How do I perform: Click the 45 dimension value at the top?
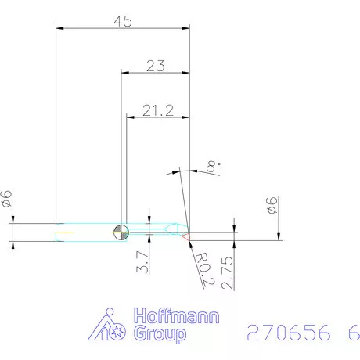click(x=123, y=21)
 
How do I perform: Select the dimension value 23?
click(x=155, y=66)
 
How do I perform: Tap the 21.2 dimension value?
click(x=158, y=111)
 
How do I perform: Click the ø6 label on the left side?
click(x=8, y=199)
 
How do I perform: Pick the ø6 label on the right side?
click(x=272, y=207)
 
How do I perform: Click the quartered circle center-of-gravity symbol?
click(x=121, y=230)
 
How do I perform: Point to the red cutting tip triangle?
click(x=187, y=234)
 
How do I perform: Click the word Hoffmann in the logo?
click(x=177, y=317)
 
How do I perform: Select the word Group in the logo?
click(x=161, y=335)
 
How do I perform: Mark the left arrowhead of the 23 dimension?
click(x=124, y=74)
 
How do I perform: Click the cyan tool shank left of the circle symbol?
click(x=86, y=230)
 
